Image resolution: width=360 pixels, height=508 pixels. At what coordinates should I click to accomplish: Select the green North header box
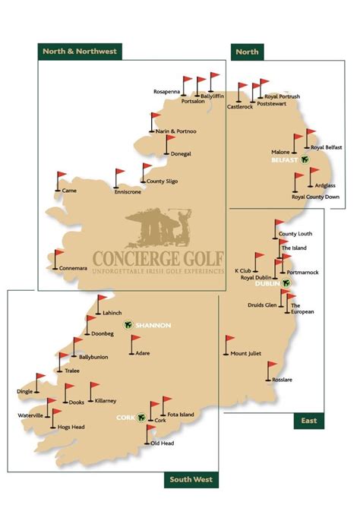(248, 51)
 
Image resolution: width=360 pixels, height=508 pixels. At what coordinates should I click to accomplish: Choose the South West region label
(191, 479)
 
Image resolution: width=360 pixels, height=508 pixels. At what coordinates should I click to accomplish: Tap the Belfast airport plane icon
(305, 160)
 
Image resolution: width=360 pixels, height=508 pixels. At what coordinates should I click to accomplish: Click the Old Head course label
(163, 443)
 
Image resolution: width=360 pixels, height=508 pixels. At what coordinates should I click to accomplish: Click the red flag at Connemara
(58, 256)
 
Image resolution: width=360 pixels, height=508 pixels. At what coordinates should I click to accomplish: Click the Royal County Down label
(317, 197)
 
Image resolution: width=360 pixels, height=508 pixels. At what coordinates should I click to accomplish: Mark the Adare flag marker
(134, 342)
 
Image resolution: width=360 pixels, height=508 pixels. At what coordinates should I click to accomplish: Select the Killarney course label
(106, 400)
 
